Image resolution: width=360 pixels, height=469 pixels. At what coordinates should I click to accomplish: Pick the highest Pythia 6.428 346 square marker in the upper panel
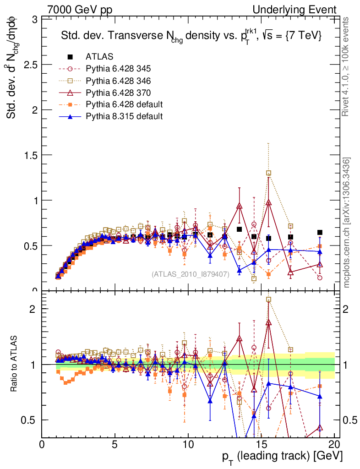(x=268, y=173)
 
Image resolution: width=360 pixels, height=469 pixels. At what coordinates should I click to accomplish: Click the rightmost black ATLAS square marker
(x=320, y=233)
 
